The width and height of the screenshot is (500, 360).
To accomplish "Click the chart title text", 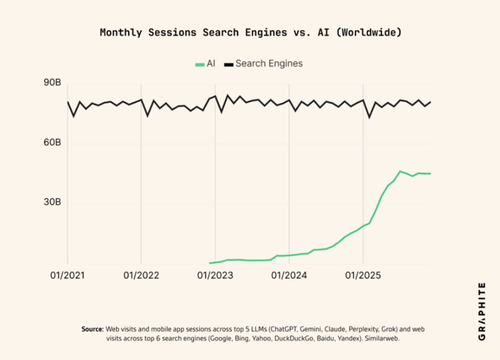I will (x=250, y=33).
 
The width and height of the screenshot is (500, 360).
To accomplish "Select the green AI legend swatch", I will (x=199, y=64).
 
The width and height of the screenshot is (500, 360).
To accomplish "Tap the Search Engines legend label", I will (x=269, y=63).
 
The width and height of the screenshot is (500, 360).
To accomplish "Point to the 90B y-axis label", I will (x=52, y=84).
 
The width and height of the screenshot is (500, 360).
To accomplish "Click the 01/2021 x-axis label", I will (x=67, y=276).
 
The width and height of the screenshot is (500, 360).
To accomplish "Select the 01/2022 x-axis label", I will (x=141, y=276).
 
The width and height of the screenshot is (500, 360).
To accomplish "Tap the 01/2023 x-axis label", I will (x=215, y=276).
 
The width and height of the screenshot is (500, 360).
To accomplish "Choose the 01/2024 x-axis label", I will (x=289, y=276).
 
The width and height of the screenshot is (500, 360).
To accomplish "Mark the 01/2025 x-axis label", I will (x=363, y=276).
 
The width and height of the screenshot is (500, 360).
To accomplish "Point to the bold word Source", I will (x=92, y=329).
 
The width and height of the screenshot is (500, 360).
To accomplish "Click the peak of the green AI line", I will (x=400, y=171).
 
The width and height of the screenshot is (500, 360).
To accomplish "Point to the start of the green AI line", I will (x=210, y=263).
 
